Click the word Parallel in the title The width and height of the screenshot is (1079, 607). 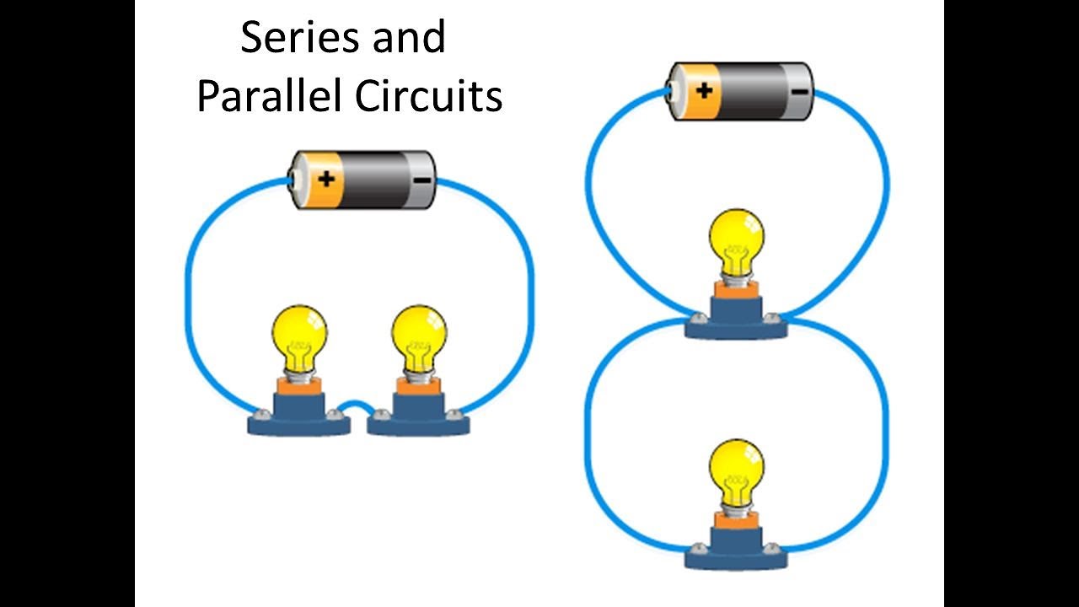[269, 97]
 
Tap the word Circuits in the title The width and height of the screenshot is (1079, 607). [428, 97]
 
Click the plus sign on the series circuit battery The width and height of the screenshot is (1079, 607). [326, 179]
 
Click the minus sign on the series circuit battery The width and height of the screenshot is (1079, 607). [421, 180]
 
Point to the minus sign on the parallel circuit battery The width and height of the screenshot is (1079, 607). [800, 91]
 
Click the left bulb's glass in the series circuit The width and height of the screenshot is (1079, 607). [299, 335]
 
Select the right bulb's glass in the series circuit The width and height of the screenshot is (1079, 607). [419, 335]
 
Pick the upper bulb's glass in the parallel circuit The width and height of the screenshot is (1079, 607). [736, 237]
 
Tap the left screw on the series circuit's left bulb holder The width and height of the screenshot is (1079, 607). [262, 414]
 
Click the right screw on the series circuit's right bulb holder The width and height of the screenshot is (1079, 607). [455, 414]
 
